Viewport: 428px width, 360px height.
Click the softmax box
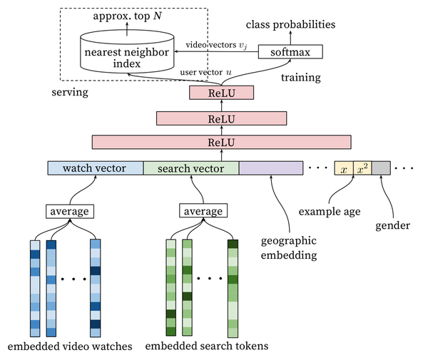tap(290, 52)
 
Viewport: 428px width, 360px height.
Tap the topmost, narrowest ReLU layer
tap(222, 92)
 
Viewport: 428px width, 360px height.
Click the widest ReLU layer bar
tap(222, 141)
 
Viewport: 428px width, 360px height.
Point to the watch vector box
tap(96, 168)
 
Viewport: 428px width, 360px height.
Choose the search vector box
tap(191, 168)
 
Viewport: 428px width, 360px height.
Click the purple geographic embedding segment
tap(271, 168)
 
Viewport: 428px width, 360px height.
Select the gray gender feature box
tap(380, 169)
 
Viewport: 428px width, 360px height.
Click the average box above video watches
tap(70, 211)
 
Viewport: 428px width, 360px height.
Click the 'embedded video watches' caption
tap(70, 347)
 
